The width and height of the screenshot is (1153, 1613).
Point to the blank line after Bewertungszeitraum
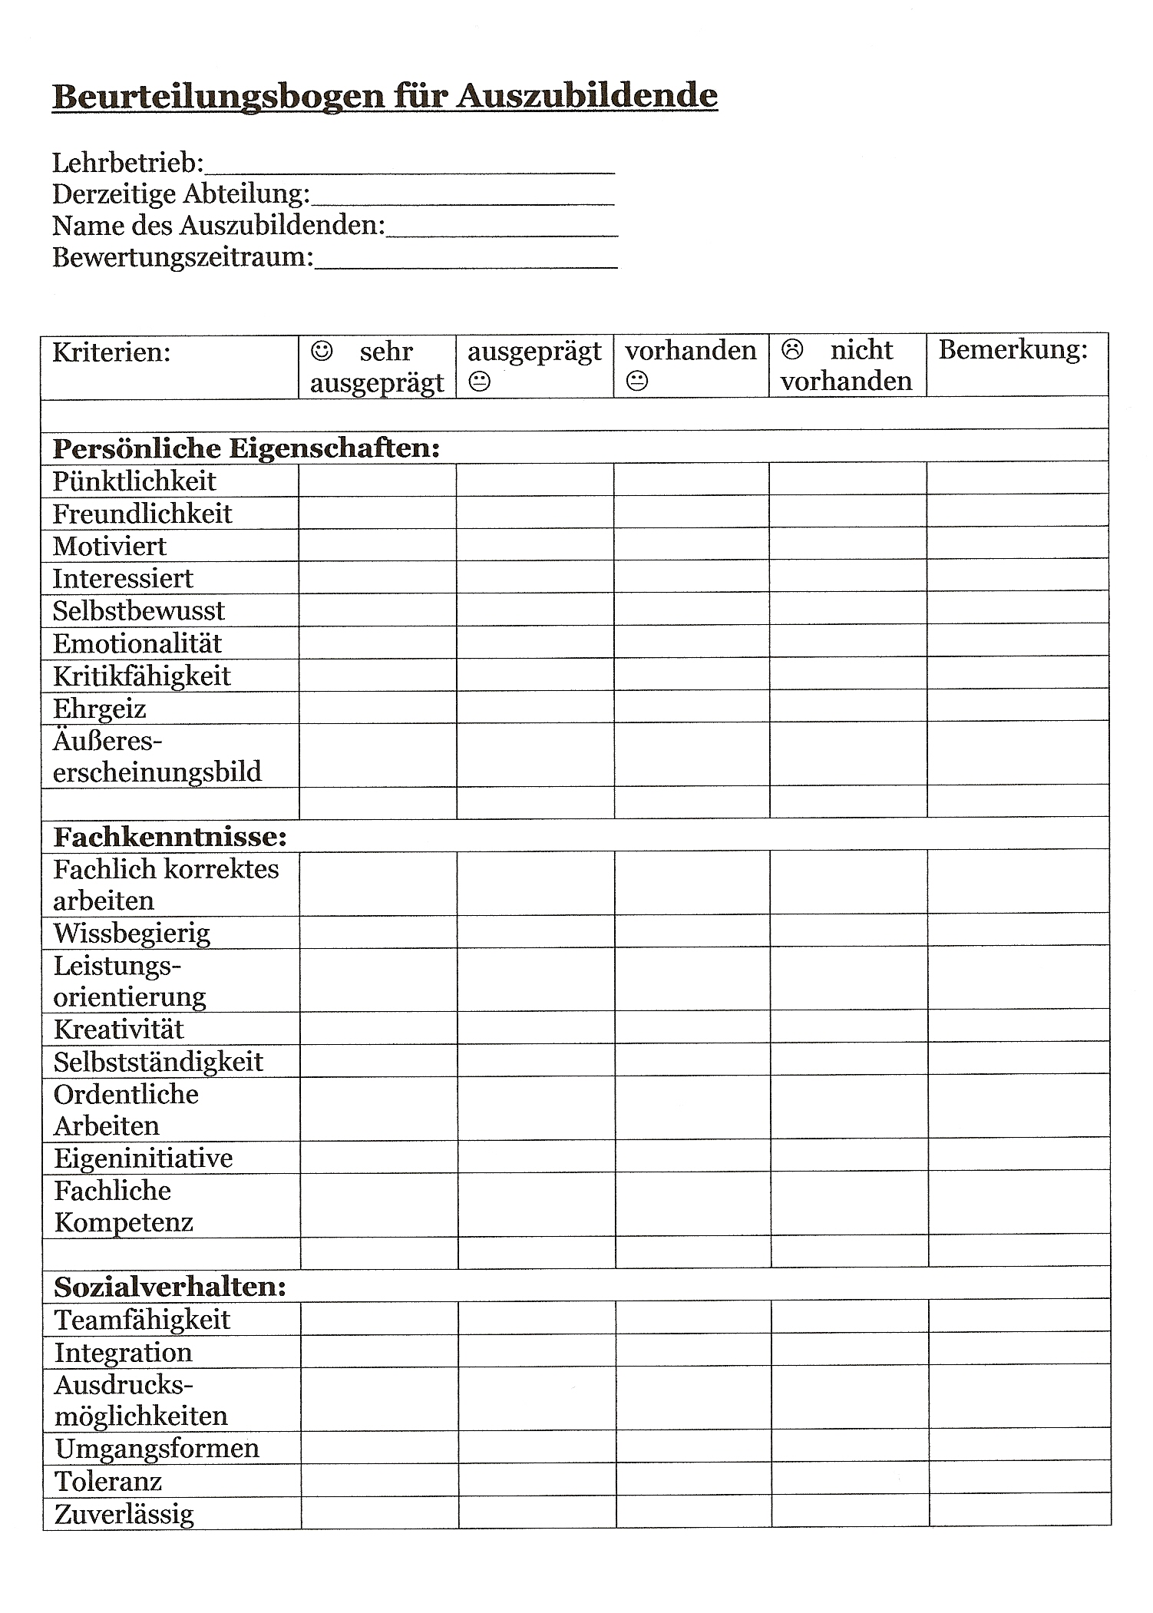pos(467,265)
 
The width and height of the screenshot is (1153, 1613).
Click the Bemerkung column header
pos(1013,351)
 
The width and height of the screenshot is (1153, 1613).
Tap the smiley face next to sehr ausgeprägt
pos(322,352)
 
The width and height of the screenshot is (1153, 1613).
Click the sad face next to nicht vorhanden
pos(791,350)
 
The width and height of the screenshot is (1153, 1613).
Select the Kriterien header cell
pos(111,353)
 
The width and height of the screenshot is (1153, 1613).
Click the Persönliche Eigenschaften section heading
pos(246,448)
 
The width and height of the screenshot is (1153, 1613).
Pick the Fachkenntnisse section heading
pos(170,836)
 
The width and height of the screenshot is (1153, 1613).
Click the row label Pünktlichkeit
pos(134,481)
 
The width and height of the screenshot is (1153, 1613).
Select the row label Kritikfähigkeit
pos(141,676)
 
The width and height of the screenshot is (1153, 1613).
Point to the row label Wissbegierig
pos(132,934)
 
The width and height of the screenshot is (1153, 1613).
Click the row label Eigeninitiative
pos(143,1158)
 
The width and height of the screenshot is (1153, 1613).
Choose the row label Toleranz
pos(108,1481)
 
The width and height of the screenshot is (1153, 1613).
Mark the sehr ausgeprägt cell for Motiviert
pos(378,545)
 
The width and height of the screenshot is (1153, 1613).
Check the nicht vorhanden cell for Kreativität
pos(848,1027)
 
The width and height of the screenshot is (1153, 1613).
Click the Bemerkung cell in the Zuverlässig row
pos(1019,1512)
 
